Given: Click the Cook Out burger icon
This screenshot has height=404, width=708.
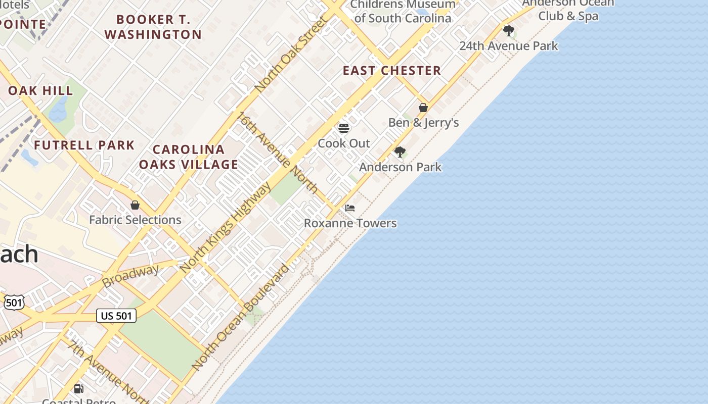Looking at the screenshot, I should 344,128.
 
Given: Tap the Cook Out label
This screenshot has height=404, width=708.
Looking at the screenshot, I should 344,143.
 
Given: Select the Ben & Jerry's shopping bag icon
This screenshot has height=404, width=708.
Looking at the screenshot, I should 423,108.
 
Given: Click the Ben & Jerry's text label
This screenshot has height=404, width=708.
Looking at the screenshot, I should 423,123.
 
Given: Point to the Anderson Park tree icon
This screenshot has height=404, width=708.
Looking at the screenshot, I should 400,151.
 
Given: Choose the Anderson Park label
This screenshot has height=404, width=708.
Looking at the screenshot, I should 400,167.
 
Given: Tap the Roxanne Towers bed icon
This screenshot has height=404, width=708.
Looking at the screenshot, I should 350,208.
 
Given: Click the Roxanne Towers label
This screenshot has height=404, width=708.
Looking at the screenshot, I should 350,223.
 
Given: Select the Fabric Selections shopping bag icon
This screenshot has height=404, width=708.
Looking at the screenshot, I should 135,205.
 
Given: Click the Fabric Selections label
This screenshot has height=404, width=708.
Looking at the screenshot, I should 135,220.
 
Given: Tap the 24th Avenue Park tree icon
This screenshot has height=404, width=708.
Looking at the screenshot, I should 508,30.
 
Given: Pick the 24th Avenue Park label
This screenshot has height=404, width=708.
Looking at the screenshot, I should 508,46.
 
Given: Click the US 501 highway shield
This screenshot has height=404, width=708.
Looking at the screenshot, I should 116,316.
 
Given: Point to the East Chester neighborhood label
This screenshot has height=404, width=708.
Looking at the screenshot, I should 392,71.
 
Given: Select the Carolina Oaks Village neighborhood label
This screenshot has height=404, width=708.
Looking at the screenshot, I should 189,157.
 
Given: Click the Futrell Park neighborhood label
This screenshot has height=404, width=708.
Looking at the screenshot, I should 84,145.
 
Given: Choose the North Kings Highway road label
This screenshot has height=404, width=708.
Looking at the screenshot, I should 226,227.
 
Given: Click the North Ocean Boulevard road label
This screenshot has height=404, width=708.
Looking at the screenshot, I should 241,317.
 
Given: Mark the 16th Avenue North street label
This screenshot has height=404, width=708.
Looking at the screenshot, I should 278,153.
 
